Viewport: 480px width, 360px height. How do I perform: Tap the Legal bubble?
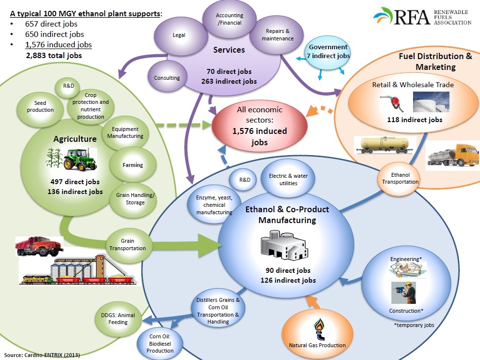pos(179,36)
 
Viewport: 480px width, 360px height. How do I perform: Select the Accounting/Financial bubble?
pos(230,19)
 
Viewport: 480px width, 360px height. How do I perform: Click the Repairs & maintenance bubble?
pos(278,34)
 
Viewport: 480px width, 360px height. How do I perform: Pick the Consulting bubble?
pos(167,78)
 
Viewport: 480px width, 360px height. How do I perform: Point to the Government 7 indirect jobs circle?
pos(328,52)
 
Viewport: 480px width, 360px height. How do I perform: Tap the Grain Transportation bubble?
pos(127,245)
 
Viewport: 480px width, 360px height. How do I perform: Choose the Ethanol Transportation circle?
pos(400,178)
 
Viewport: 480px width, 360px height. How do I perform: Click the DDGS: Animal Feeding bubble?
pos(114,319)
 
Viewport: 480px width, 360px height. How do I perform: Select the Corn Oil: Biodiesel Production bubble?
pos(160,344)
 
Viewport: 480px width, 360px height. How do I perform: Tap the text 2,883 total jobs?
pos(54,56)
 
